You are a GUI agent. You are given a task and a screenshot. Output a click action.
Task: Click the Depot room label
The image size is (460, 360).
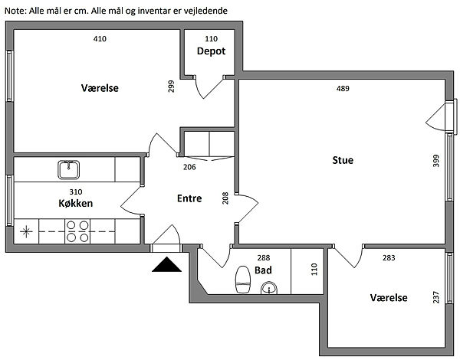pyautogui.click(x=211, y=51)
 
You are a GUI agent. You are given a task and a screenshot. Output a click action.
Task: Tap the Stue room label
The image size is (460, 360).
pyautogui.click(x=342, y=160)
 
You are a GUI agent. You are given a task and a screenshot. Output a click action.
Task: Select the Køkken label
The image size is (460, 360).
pyautogui.click(x=75, y=204)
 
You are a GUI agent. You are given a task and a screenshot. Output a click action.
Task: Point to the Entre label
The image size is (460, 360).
pyautogui.click(x=189, y=198)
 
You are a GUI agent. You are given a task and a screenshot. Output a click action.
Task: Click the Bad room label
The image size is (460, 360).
pyautogui.click(x=263, y=270)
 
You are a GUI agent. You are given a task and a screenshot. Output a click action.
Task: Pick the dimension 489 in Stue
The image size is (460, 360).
pyautogui.click(x=343, y=89)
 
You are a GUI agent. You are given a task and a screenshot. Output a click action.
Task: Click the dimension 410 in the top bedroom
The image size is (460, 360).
pyautogui.click(x=100, y=38)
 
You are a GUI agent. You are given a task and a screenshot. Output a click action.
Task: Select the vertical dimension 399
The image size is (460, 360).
pyautogui.click(x=435, y=161)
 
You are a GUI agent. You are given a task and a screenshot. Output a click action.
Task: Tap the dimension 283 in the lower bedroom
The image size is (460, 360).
pyautogui.click(x=389, y=258)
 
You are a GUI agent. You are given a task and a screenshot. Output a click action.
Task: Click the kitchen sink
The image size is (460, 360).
pyautogui.click(x=67, y=169)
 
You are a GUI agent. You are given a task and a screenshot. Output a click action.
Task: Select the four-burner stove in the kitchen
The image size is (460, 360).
pyautogui.click(x=76, y=231)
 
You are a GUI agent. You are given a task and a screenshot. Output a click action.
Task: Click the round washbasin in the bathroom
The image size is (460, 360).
pyautogui.click(x=269, y=289)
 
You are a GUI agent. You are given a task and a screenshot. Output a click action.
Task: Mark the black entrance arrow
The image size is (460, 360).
pyautogui.click(x=166, y=264)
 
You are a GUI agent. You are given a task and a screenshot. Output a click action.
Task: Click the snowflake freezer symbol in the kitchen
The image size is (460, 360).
pyautogui.click(x=27, y=230)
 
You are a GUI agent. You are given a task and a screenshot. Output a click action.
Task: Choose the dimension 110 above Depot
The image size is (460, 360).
pyautogui.click(x=211, y=38)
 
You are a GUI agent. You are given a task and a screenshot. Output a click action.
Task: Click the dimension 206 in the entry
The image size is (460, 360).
pyautogui.click(x=189, y=166)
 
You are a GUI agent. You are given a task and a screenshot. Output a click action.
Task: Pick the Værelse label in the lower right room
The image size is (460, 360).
pyautogui.click(x=388, y=298)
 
